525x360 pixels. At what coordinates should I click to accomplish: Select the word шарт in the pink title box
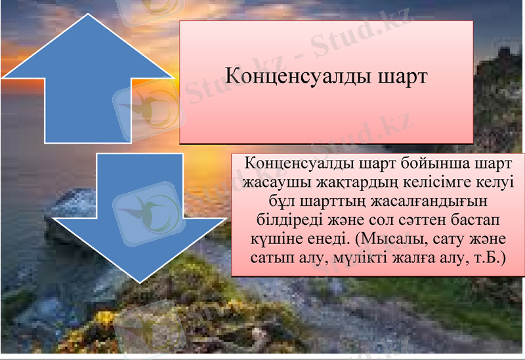[403, 75]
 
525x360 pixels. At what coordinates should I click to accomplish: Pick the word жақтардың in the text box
[355, 181]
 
